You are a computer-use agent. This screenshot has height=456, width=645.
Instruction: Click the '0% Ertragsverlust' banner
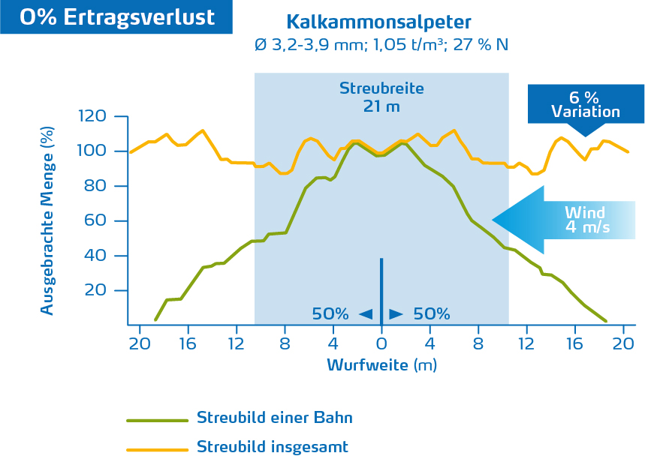116,17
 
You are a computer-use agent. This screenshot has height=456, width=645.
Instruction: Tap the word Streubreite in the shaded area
381,88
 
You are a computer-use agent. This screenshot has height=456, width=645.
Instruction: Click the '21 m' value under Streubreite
381,106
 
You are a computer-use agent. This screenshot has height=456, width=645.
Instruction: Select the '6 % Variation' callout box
586,104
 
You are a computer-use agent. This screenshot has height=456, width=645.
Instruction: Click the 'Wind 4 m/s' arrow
563,220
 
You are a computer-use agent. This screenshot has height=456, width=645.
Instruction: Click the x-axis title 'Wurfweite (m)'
381,365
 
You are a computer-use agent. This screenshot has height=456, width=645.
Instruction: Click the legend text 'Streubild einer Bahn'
274,418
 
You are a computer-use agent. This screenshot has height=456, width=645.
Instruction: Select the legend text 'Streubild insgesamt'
272,447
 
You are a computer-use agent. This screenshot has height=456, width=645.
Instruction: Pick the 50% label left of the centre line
330,314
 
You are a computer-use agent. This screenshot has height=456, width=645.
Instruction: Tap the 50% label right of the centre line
431,314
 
